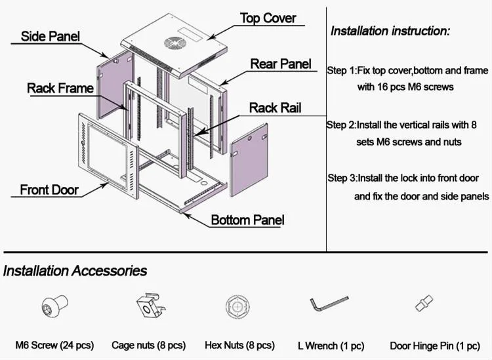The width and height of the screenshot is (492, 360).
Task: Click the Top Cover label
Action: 268,18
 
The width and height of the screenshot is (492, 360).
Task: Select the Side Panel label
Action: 51,36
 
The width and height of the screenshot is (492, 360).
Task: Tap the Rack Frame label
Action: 60,88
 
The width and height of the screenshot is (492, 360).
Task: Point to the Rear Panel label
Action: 281,64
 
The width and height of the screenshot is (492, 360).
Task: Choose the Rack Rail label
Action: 275,108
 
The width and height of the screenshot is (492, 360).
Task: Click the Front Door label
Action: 49,191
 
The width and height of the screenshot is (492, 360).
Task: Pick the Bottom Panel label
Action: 247,220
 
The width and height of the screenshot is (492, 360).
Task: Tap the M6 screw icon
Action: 52,307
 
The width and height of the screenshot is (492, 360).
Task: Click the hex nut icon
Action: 236,307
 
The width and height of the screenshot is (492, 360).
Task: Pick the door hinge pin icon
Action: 421,304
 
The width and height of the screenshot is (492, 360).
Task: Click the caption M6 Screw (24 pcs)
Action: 54,345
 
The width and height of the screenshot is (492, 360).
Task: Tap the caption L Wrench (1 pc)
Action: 331,346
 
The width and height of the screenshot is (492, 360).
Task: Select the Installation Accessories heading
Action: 75,270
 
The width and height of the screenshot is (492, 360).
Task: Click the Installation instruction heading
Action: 390,31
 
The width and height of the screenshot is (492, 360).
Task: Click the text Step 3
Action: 342,178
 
